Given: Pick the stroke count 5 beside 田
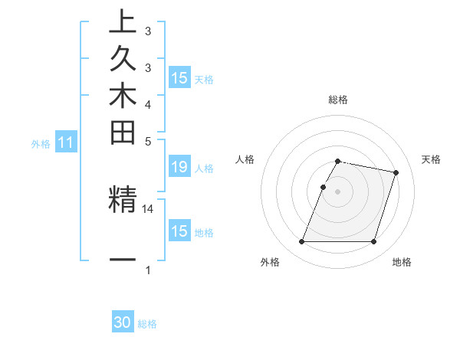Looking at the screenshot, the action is click(148, 142).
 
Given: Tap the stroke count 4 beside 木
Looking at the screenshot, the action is click(148, 103).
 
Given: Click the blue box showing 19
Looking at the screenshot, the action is click(179, 166).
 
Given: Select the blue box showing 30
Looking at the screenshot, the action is click(123, 322).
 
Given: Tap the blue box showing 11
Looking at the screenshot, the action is click(66, 142).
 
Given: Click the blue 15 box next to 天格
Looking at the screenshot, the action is click(179, 77).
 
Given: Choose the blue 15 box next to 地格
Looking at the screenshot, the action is click(179, 231).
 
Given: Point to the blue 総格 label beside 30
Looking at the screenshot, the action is click(147, 324).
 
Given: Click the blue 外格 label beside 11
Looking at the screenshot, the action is click(41, 143).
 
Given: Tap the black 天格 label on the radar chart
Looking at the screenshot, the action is click(431, 159).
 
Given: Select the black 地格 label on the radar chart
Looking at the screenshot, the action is click(402, 262).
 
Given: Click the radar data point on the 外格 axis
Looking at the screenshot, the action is click(302, 242).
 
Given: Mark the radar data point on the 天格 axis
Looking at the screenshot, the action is click(396, 173).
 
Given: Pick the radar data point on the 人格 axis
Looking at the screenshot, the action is click(324, 187).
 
